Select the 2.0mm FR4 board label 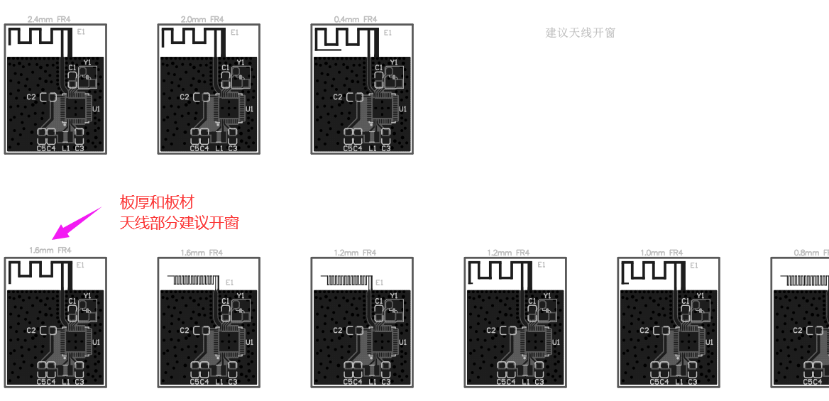202,19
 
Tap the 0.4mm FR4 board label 356,19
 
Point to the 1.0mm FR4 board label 661,253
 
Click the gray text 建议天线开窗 580,33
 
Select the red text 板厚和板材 157,202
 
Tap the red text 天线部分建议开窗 179,222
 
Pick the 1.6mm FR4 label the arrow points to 50,250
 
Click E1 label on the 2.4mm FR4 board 81,32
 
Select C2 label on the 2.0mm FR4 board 185,97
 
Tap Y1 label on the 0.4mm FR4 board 394,62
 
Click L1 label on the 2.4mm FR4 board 66,148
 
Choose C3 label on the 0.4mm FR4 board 385,148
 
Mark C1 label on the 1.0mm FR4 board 685,301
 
